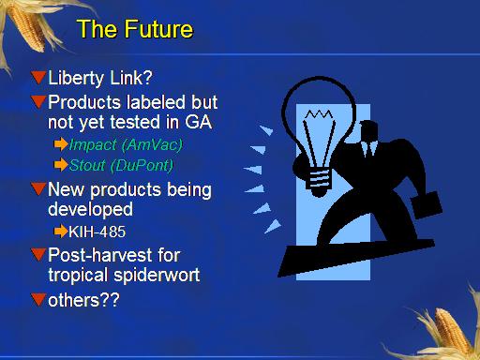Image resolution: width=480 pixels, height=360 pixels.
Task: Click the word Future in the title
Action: [159, 29]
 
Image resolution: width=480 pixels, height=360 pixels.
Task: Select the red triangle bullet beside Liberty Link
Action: [38, 78]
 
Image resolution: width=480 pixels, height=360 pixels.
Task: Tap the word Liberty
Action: [76, 78]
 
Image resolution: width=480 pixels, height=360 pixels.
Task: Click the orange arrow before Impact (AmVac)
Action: [61, 144]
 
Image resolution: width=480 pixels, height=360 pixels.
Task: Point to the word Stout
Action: [87, 165]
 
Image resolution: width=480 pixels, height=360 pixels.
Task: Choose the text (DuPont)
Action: [142, 166]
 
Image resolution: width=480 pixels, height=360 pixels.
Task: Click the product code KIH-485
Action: [97, 232]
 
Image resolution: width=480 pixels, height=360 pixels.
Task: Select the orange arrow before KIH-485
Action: [61, 232]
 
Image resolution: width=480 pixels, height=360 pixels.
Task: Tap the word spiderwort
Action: [157, 276]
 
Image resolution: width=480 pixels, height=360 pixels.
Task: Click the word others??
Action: [83, 300]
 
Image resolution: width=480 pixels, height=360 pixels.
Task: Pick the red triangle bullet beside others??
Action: [38, 299]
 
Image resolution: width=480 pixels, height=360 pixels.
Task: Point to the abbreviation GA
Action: [199, 122]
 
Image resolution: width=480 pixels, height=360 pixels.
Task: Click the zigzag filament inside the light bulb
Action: [319, 114]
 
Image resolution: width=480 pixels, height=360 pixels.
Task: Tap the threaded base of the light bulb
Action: [319, 180]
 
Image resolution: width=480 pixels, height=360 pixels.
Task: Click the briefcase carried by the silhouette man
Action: [427, 205]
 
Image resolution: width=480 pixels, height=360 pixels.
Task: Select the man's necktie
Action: [368, 149]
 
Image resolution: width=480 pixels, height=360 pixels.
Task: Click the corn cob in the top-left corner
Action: [27, 26]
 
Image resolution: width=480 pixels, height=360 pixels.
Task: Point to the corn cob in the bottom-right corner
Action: [450, 331]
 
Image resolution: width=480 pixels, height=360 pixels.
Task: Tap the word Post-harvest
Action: [114, 255]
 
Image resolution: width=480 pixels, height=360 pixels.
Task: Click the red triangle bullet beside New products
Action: [38, 188]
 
